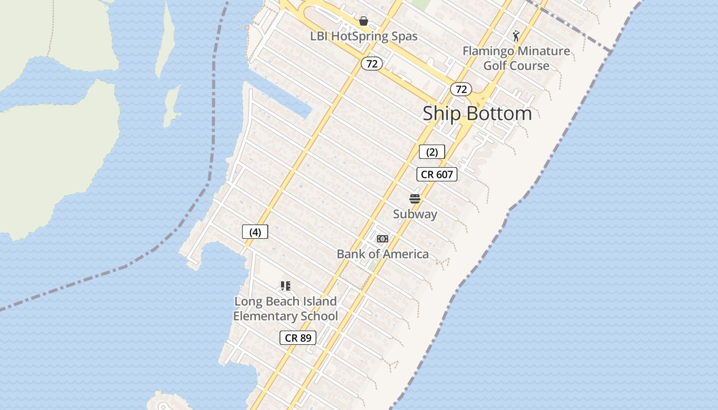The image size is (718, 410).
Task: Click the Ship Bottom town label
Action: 477,113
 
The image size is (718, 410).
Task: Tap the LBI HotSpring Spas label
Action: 364,36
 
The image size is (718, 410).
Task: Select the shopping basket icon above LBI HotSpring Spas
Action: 364,21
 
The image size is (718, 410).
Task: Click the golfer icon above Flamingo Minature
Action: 516,36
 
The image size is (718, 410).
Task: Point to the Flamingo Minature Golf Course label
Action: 516,58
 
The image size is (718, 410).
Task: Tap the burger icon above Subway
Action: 415,199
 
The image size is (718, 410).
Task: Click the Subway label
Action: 415,214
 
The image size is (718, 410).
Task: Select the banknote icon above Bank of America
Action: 383,239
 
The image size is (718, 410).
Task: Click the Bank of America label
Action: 383,254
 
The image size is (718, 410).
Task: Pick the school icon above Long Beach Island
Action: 286,286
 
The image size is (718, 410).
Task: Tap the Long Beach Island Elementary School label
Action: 286,309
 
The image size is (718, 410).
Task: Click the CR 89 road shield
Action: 298,338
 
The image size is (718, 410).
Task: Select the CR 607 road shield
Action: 436,174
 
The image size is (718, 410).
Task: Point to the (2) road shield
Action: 432,152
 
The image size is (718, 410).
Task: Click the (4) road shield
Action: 255,232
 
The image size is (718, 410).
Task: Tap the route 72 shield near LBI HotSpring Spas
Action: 372,64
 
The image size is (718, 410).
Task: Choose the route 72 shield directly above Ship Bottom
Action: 461,89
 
